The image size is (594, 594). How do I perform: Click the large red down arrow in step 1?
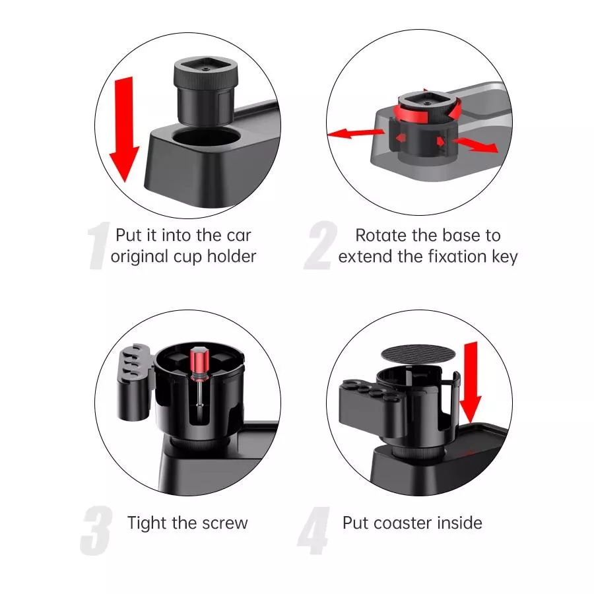pos(124,129)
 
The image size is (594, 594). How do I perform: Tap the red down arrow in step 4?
pos(471,382)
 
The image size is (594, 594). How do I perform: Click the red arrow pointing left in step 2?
pos(355,133)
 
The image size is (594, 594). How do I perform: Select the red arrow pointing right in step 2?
pos(475,145)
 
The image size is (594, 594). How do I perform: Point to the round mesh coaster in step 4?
pos(418,354)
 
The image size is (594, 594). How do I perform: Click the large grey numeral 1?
pos(98,246)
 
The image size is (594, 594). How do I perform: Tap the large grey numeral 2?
pos(321,246)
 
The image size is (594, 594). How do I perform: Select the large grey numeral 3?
pos(96,531)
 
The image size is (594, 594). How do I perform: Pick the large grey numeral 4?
pos(314,531)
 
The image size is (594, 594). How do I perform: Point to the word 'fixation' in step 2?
pos(457,257)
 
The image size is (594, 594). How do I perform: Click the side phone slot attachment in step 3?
pos(134,382)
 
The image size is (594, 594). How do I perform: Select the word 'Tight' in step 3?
pos(147,524)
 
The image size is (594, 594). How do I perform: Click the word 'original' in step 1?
pos(139,257)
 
